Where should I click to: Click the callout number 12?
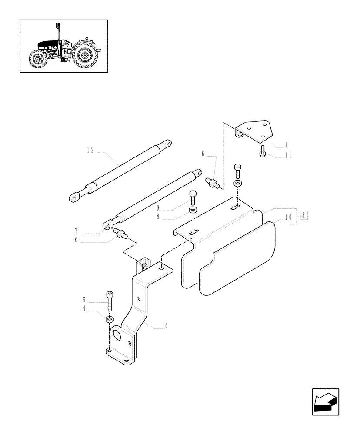click(90, 150)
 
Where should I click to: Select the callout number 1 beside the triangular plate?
click(274, 144)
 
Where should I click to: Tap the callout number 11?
click(276, 154)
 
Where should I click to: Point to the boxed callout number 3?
click(303, 215)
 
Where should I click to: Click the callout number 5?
click(84, 299)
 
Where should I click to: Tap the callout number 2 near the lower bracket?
click(166, 325)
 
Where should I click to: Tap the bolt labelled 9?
click(193, 198)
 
